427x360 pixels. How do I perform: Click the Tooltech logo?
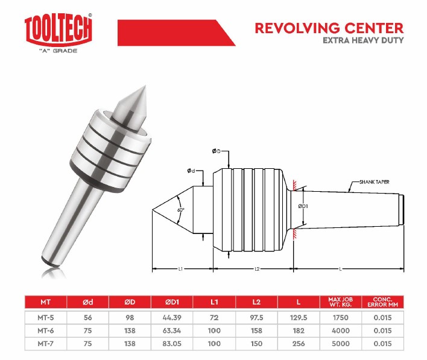pos(59,33)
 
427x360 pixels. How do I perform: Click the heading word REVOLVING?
pos(297,28)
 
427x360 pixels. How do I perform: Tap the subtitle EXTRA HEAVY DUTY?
pos(363,40)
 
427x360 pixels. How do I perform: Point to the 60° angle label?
pos(181,210)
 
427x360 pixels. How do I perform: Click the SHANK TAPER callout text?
pos(375,182)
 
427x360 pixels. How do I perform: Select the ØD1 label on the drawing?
pos(303,206)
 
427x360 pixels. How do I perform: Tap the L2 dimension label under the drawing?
pos(257,269)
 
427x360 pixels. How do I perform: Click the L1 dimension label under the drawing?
pos(180,269)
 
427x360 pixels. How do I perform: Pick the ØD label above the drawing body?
pos(217,151)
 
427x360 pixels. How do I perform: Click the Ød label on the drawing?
pos(191,171)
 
